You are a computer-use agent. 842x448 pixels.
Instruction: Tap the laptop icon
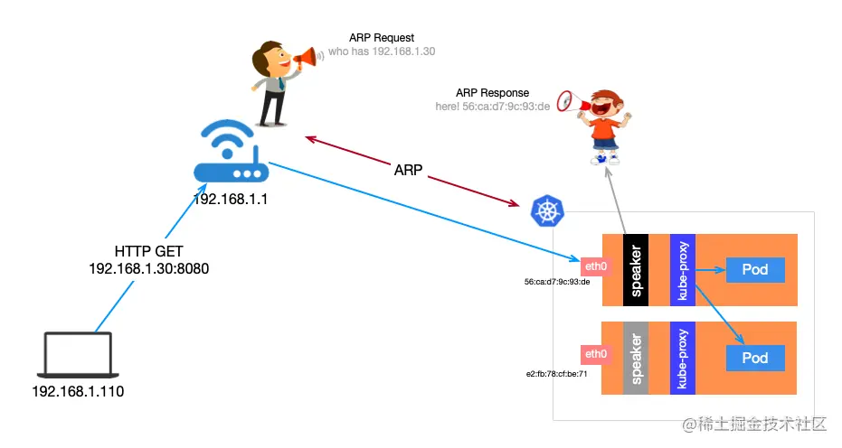click(78, 355)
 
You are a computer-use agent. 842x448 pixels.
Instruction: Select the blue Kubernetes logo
click(547, 212)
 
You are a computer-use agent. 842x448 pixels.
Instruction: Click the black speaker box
click(637, 270)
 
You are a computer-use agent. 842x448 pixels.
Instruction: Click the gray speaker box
click(637, 358)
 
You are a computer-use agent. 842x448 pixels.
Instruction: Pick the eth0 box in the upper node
click(594, 266)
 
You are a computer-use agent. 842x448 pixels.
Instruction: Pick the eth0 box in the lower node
click(596, 353)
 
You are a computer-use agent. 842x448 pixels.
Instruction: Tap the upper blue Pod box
click(754, 269)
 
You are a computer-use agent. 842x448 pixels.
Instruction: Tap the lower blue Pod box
click(754, 358)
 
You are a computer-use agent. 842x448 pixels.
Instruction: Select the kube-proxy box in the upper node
click(683, 270)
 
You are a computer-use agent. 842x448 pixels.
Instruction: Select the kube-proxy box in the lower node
click(683, 358)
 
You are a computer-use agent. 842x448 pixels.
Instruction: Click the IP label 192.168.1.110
click(78, 392)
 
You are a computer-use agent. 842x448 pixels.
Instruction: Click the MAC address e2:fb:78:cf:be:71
click(557, 373)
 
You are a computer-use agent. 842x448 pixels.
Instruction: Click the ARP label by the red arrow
click(407, 170)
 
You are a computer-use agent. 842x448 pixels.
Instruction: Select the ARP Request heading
click(382, 38)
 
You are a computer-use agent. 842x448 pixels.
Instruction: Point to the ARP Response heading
click(493, 93)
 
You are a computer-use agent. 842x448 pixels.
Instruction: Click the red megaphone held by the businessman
click(307, 60)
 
